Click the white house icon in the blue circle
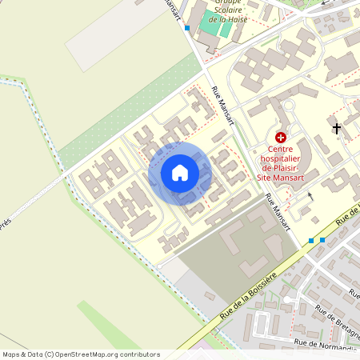[x=180, y=172]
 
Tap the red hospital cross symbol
[x=281, y=138]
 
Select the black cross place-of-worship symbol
[x=337, y=128]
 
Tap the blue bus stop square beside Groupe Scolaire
[x=187, y=27]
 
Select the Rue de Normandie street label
[x=325, y=344]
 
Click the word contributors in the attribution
[x=138, y=354]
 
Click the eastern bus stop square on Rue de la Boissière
[x=322, y=239]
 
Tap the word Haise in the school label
[x=236, y=19]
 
